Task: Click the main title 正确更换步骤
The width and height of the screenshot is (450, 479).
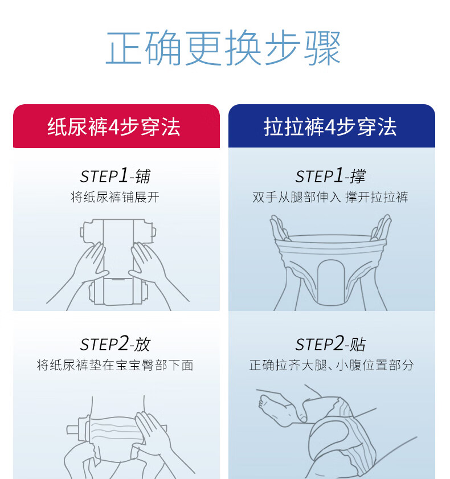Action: point(223,48)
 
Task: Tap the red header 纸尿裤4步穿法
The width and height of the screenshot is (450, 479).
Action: point(114,127)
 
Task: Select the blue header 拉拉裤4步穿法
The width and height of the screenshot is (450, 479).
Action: point(330,127)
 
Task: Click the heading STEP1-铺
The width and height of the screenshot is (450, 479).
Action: point(115,176)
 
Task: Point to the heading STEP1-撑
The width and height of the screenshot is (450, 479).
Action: point(330,176)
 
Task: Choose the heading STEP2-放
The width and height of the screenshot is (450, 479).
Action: point(115,344)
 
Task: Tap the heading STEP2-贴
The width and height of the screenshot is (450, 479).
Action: point(330,344)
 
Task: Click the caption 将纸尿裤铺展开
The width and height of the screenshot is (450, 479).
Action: point(115,197)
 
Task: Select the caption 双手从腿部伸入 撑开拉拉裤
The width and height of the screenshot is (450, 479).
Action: point(330,197)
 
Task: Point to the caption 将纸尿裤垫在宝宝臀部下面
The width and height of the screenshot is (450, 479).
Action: point(115,365)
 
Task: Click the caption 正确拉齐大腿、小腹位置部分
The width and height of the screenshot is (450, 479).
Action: point(332,365)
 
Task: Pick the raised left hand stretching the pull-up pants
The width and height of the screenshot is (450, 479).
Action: point(279,228)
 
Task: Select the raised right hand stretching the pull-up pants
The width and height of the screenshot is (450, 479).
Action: point(381,228)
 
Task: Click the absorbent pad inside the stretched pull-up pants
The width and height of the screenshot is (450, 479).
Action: point(331,283)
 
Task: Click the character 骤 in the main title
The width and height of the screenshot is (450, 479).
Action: point(322,48)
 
